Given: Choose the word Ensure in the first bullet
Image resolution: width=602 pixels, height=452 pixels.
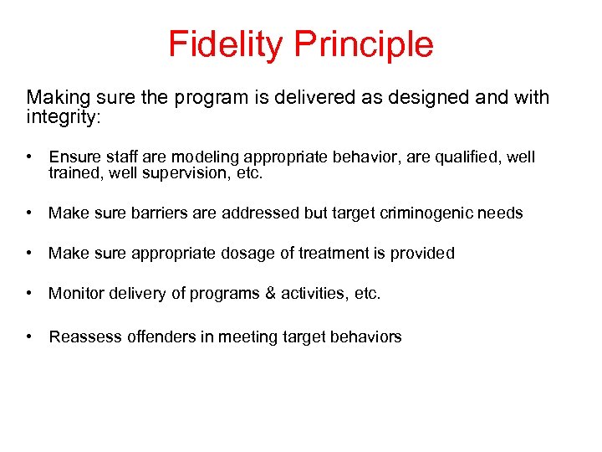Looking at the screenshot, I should [x=74, y=157].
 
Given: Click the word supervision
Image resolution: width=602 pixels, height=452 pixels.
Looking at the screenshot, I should [x=189, y=174].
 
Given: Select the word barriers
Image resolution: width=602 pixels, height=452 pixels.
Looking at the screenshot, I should [x=159, y=213].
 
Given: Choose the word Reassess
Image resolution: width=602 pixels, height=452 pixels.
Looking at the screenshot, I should [x=85, y=336].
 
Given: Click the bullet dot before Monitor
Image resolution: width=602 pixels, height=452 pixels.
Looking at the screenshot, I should [x=29, y=293].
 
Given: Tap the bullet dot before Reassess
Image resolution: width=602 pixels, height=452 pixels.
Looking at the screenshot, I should [x=29, y=336].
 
